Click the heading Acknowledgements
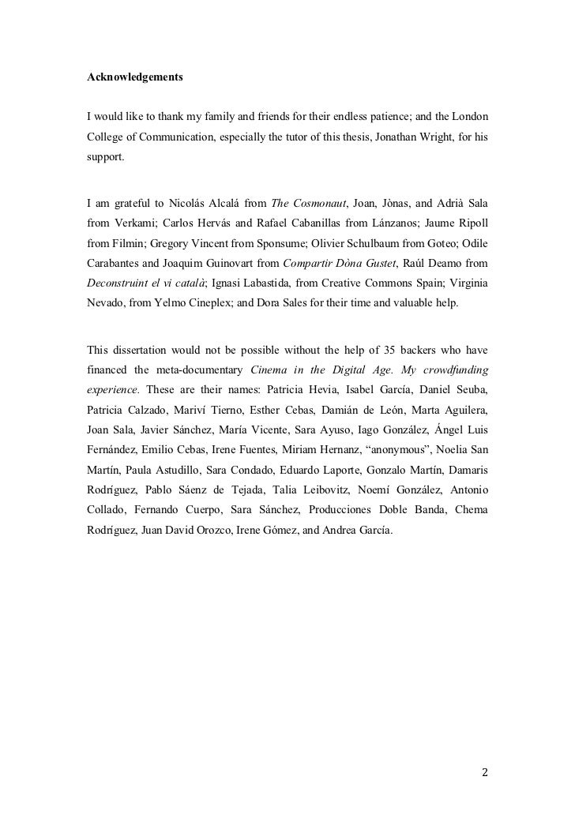135,78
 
